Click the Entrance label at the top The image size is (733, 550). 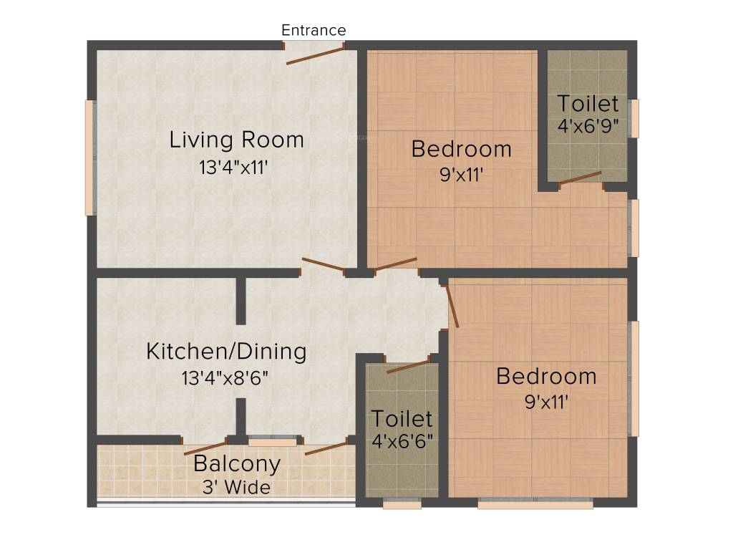314,30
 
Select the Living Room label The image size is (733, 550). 236,140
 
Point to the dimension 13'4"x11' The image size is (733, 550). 237,168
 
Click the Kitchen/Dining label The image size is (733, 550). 226,352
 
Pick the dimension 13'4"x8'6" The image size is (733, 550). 226,377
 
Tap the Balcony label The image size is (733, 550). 236,463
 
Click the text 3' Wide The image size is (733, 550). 236,488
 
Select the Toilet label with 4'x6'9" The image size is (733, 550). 588,104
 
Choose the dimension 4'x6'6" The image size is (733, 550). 401,440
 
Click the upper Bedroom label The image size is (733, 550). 461,149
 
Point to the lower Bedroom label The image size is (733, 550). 546,376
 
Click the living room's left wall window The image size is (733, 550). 89,158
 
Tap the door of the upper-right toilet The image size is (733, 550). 580,178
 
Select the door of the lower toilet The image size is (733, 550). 408,367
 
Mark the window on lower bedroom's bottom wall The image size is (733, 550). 535,504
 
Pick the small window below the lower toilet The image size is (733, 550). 402,504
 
